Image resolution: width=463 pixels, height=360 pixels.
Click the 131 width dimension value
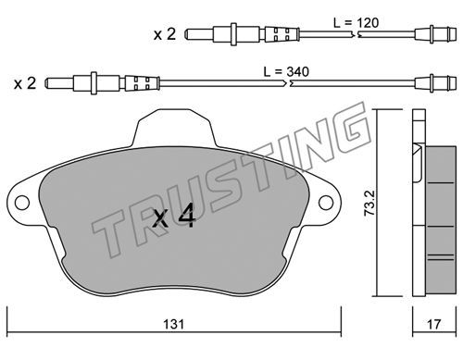(x=174, y=324)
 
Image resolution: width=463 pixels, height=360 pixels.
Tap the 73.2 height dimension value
(x=369, y=203)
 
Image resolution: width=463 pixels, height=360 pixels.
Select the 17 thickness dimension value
(x=433, y=324)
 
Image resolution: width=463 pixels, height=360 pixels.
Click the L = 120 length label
(x=357, y=23)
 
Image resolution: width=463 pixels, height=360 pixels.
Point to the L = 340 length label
(x=286, y=72)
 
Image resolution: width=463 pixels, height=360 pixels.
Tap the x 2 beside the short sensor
(x=165, y=34)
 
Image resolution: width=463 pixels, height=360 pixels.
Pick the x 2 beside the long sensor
(x=25, y=83)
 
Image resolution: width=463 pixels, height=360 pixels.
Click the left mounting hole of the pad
(x=22, y=203)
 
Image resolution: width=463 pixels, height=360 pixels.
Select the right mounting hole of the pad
(x=326, y=203)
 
